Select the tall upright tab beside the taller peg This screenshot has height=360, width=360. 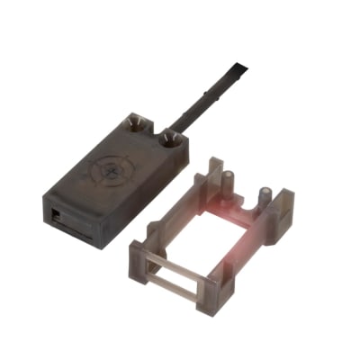pos(213,175)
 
